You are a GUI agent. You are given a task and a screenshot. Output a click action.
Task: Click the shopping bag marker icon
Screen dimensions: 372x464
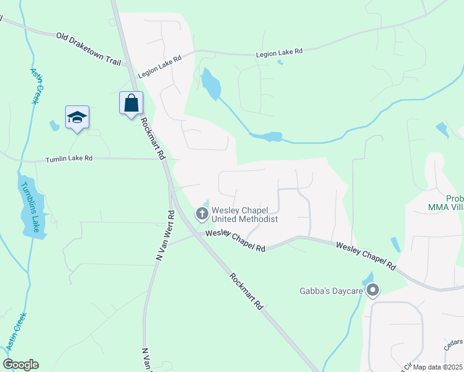[131, 103]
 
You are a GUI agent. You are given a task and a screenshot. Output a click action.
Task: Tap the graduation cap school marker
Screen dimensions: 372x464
[77, 117]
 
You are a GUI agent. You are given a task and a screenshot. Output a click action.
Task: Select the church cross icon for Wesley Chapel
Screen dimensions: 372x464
[202, 215]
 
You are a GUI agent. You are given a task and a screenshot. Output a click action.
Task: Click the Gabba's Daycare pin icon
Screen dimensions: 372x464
[372, 290]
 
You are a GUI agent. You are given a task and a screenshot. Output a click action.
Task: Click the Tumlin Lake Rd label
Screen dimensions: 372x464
[69, 159]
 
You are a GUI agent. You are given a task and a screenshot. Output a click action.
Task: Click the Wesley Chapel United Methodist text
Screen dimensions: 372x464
[244, 215]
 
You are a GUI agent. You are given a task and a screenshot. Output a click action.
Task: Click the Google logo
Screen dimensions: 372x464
[20, 365]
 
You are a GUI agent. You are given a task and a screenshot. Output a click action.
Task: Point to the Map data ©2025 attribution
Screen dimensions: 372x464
[437, 367]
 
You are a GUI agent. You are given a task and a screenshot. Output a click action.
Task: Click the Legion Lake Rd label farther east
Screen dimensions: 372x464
[279, 55]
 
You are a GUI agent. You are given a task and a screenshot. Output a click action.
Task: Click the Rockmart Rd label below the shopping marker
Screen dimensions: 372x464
[151, 137]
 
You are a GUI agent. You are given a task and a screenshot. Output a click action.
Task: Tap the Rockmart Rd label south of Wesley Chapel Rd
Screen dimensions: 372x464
[246, 291]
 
